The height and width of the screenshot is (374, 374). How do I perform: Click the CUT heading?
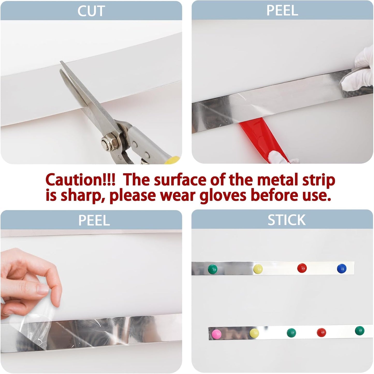pos(91,11)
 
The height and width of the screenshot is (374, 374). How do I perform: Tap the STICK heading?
pos(286,220)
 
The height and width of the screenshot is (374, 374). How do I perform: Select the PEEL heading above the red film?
pos(282,11)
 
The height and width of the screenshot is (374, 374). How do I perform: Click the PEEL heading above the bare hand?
pos(94,220)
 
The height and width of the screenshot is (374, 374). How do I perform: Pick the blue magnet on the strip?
pos(342,268)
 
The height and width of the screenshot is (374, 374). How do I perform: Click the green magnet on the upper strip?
pos(212,269)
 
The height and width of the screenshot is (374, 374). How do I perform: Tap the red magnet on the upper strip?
pos(302,268)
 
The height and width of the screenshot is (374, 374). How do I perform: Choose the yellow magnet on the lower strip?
pos(254,333)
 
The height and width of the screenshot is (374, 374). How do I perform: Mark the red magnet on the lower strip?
pos(321,332)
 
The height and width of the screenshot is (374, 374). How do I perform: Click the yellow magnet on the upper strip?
pos(258,269)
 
